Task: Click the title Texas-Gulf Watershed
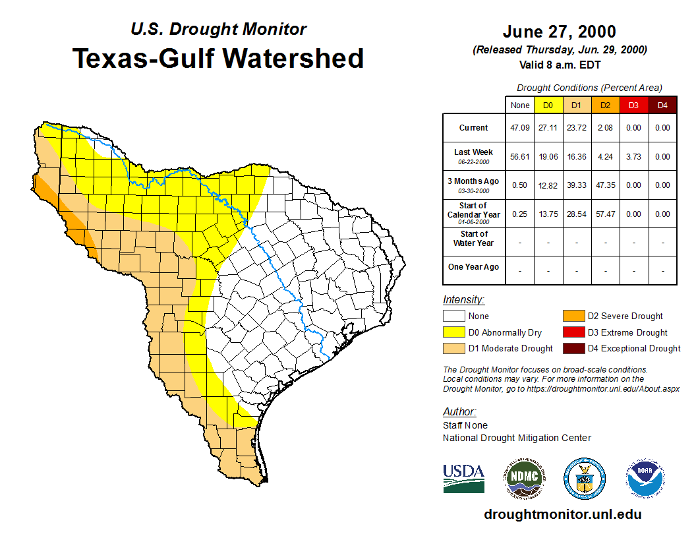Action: coord(218,58)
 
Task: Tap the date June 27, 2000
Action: coord(559,32)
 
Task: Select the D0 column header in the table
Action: coord(548,105)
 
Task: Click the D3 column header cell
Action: coord(633,105)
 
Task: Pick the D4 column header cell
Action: coord(662,105)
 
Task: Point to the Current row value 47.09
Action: coord(519,128)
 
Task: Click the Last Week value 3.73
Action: coord(633,157)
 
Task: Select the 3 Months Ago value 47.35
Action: coord(605,185)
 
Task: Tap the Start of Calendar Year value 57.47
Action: coord(605,214)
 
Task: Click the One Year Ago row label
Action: coord(473,267)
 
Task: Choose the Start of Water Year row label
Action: coord(473,238)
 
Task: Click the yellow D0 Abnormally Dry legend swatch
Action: coord(454,332)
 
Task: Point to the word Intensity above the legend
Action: coord(463,300)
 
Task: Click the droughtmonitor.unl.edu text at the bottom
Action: coord(562,514)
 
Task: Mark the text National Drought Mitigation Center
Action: coord(517,438)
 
